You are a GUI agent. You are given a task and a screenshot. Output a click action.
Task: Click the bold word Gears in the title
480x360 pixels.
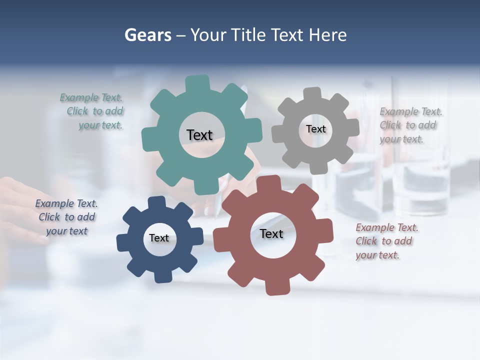(x=147, y=35)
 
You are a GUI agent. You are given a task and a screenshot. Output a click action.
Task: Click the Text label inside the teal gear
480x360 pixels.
(x=199, y=135)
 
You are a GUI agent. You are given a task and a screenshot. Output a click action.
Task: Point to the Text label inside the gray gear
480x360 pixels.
(x=315, y=129)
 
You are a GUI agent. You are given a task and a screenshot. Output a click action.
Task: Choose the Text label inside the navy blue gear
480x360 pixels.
(x=159, y=238)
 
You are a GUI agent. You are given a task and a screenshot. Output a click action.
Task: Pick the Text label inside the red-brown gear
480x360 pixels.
(x=271, y=233)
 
